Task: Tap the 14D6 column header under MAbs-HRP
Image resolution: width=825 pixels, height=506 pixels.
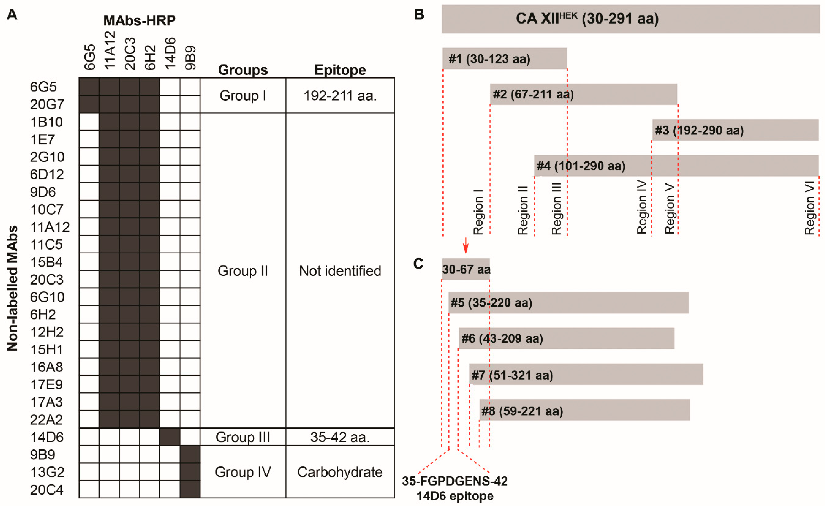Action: (x=170, y=53)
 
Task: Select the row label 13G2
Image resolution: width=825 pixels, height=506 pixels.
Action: (x=47, y=472)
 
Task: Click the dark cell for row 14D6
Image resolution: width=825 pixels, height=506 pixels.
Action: (x=170, y=437)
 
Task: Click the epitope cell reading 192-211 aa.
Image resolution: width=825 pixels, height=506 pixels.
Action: (x=340, y=96)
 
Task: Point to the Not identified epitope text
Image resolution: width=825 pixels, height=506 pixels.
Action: (x=340, y=271)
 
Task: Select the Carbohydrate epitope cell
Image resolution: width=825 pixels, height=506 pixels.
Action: (x=340, y=472)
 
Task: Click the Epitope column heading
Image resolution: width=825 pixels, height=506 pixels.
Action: (x=340, y=70)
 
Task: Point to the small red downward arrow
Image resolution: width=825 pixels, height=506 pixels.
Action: (x=465, y=246)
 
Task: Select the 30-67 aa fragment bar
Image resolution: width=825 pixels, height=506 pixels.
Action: (x=466, y=269)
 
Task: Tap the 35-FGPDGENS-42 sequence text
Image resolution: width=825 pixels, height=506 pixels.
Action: (x=455, y=481)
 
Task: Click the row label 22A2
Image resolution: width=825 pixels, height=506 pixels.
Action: (x=46, y=419)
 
